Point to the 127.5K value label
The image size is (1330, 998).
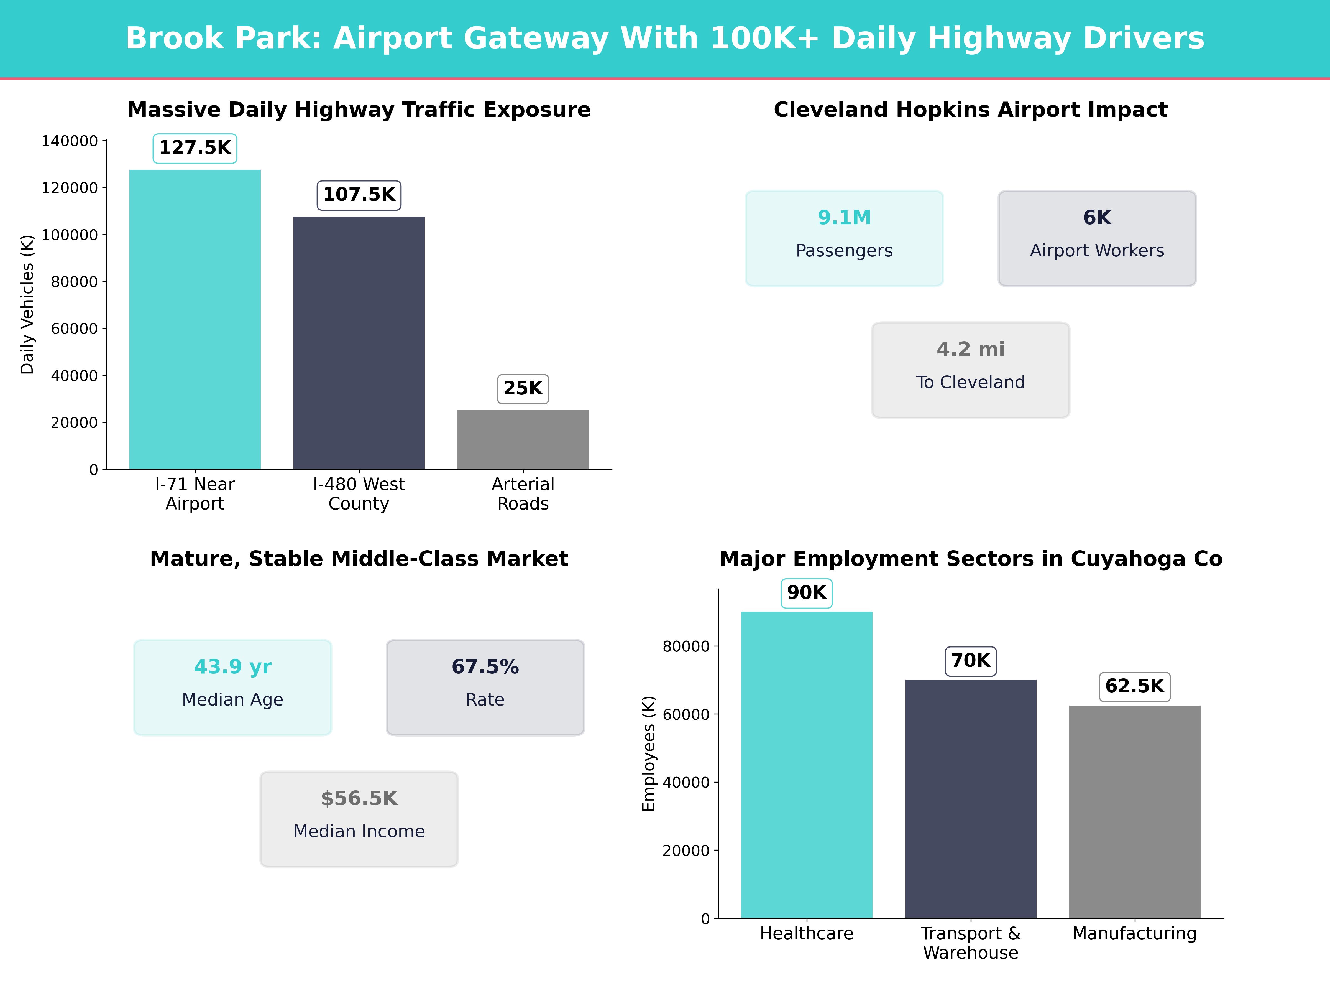(x=195, y=148)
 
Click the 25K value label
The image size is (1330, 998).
(x=523, y=389)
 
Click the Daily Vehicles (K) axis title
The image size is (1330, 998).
(x=27, y=304)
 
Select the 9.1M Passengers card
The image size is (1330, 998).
(x=844, y=238)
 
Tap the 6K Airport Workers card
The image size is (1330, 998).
(x=1097, y=238)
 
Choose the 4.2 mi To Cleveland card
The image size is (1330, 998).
(x=970, y=370)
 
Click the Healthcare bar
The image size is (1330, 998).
(x=806, y=765)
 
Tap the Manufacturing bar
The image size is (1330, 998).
(x=1135, y=811)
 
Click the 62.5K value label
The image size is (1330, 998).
(x=1135, y=686)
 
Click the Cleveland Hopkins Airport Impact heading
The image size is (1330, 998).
(x=970, y=110)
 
